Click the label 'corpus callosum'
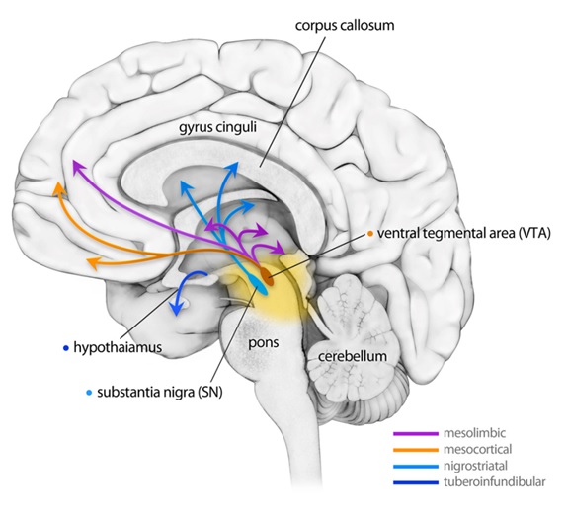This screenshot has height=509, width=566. point(345,26)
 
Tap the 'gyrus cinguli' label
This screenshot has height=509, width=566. point(217,128)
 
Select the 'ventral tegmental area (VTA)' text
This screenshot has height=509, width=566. point(464,233)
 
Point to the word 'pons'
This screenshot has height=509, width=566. point(264,342)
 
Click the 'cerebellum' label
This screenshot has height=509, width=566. point(353,356)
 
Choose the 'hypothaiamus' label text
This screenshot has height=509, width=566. point(118,348)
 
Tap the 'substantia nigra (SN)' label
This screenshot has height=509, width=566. point(160,393)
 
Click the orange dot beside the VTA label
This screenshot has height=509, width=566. point(370,234)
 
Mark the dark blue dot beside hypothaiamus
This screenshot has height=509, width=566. point(66,348)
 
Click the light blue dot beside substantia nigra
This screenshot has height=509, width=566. point(90,393)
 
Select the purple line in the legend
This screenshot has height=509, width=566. point(416,434)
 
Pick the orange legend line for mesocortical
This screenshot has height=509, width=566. point(416,450)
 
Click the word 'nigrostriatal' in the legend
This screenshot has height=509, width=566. point(475,466)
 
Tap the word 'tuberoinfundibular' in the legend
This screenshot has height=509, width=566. point(495,482)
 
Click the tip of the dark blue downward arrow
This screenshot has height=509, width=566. point(176,315)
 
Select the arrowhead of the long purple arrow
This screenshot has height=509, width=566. point(76,166)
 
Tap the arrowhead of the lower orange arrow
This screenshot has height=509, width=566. point(92,264)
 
